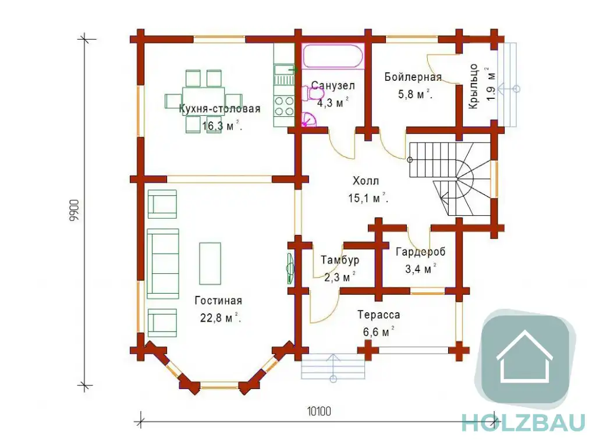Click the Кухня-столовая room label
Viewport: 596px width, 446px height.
click(219, 109)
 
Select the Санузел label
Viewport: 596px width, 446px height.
click(333, 86)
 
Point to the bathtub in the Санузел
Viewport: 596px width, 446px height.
click(333, 56)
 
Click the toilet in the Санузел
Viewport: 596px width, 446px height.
click(312, 93)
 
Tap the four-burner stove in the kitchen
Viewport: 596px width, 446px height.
click(284, 106)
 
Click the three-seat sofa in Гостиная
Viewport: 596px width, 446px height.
click(163, 263)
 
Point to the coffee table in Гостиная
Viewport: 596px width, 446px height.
click(210, 263)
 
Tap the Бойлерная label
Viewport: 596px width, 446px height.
click(413, 77)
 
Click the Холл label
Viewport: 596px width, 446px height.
click(366, 181)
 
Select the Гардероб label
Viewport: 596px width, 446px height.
click(420, 252)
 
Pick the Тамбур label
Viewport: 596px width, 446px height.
click(340, 261)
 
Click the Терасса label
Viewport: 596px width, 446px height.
click(378, 315)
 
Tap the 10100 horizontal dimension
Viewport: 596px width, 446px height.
click(319, 412)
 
